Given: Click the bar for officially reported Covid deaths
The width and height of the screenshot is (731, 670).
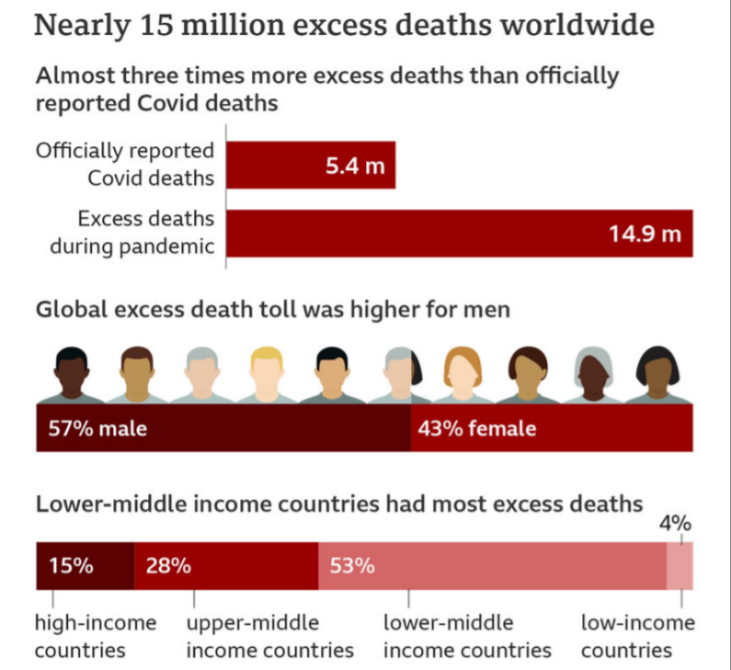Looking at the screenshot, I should pyautogui.click(x=311, y=165).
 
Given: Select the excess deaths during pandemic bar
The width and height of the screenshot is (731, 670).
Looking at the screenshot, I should pyautogui.click(x=460, y=233).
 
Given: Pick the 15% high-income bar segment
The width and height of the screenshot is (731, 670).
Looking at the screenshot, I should pyautogui.click(x=85, y=566).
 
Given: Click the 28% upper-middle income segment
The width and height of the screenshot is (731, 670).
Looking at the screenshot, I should pyautogui.click(x=225, y=566).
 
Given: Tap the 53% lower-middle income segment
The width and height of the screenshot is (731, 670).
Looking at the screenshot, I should pyautogui.click(x=492, y=566).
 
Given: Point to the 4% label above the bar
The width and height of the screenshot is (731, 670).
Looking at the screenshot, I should pyautogui.click(x=676, y=524).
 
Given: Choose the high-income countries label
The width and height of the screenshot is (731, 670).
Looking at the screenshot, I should pyautogui.click(x=96, y=636).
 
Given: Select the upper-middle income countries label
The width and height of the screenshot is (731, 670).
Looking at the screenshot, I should pyautogui.click(x=269, y=636).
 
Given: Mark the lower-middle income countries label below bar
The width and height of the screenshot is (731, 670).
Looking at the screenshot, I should pyautogui.click(x=466, y=636).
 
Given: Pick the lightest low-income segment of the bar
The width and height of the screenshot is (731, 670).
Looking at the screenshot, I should pyautogui.click(x=680, y=566).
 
